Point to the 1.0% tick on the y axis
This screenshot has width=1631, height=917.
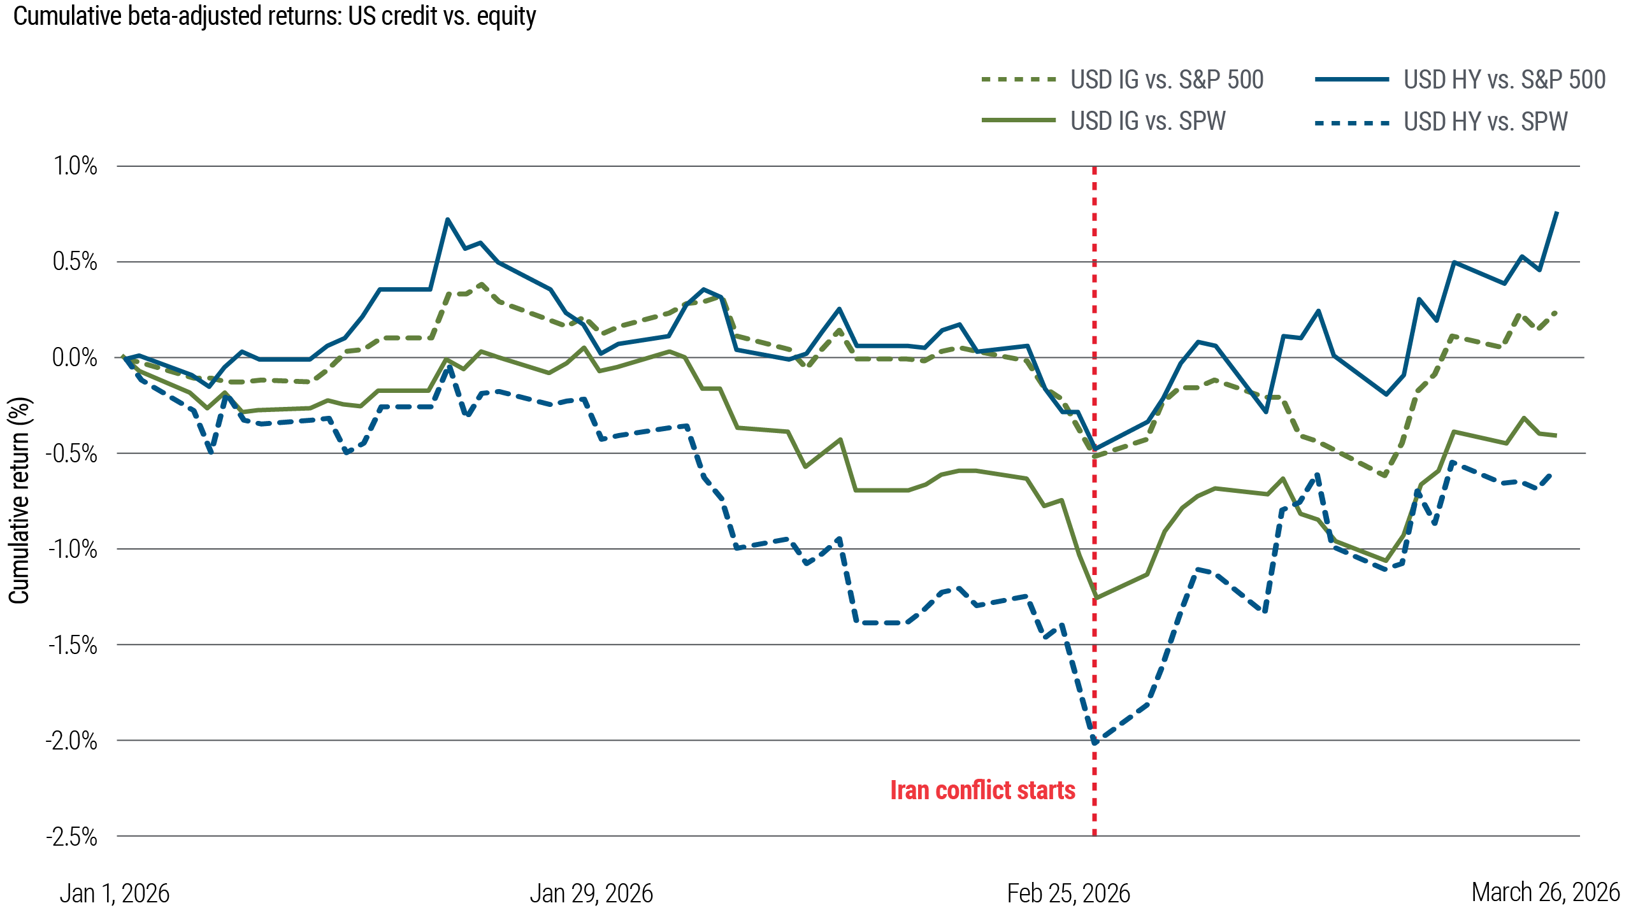75,167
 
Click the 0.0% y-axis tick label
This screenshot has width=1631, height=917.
75,358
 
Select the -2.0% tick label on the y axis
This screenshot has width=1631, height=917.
71,741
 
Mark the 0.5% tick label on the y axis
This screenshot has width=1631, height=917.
75,262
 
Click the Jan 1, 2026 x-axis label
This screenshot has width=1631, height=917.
115,894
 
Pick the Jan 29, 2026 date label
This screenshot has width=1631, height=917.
591,894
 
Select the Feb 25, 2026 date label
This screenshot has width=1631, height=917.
1068,894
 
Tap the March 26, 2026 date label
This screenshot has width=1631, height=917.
1546,893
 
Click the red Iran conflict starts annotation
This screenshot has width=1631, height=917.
982,791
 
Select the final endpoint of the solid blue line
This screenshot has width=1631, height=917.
1557,212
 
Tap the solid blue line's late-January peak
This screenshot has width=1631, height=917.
448,219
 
